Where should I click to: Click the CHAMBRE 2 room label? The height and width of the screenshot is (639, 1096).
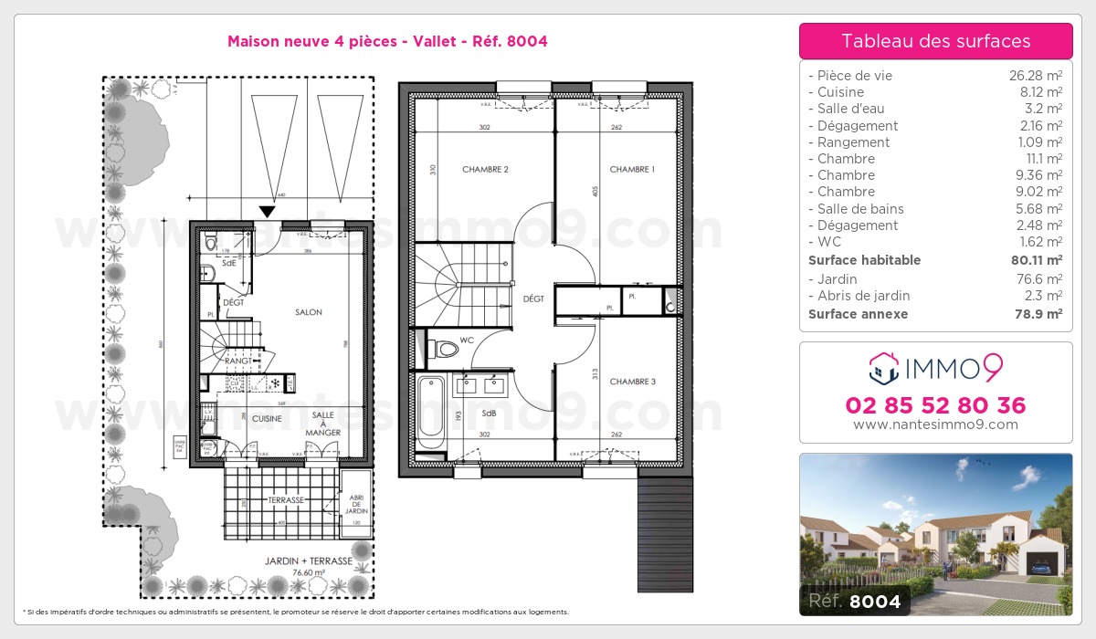click(485, 170)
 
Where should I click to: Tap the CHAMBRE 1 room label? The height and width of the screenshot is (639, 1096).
click(632, 170)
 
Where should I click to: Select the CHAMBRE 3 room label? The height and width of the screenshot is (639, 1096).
click(632, 382)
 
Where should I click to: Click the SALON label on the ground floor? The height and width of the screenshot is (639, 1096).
click(309, 312)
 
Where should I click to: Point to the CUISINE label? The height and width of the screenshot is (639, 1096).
click(268, 418)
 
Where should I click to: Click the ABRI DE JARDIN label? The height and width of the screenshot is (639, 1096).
click(355, 504)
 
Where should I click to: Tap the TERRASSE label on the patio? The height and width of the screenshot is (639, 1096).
click(286, 500)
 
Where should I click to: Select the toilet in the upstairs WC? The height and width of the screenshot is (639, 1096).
click(445, 348)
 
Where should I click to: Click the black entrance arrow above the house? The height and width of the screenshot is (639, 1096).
click(266, 212)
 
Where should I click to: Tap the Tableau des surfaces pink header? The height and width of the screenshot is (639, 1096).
click(935, 41)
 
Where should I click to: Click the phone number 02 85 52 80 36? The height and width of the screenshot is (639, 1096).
click(935, 405)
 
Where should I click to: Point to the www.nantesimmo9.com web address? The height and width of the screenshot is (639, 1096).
click(935, 424)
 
